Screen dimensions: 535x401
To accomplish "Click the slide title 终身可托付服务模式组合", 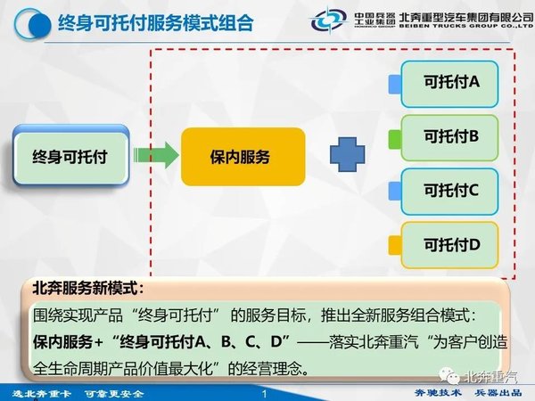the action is click(155, 23).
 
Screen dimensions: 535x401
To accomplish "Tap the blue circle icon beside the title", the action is click(33, 24).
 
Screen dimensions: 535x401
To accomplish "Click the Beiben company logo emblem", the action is click(328, 20).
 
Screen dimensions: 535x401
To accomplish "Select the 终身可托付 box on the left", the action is click(70, 155).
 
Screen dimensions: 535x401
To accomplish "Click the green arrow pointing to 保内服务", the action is click(156, 155).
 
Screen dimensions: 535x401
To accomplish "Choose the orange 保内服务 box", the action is click(243, 157).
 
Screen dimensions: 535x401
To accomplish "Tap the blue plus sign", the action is click(348, 154).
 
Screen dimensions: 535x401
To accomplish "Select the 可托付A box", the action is click(449, 84).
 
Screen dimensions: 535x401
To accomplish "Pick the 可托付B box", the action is click(449, 138).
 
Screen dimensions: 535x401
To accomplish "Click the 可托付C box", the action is click(449, 192).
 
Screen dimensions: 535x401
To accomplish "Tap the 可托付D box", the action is click(449, 245).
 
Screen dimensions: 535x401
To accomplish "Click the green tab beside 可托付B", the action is click(395, 139).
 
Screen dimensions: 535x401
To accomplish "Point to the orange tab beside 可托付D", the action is click(395, 245).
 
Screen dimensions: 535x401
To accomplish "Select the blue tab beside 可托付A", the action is click(395, 85).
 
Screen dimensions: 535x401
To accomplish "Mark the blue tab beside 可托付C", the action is click(395, 191).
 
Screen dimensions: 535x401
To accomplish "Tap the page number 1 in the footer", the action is click(265, 394).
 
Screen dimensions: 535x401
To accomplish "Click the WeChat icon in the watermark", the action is click(449, 376).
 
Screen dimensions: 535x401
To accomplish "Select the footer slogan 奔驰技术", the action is click(438, 393).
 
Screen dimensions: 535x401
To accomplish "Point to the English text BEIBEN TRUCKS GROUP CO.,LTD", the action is click(466, 26).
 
